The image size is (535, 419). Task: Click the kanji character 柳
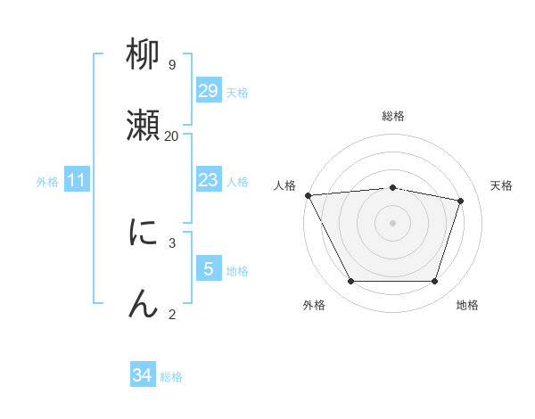(x=144, y=56)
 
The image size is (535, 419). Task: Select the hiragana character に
(x=144, y=233)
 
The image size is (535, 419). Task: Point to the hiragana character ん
(x=144, y=304)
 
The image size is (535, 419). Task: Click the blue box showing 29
(x=209, y=90)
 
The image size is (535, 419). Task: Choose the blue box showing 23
(x=209, y=180)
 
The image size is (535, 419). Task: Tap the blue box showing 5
(x=209, y=268)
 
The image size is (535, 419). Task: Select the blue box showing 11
(x=77, y=180)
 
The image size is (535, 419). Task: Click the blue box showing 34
(x=143, y=375)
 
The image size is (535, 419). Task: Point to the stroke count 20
(x=171, y=136)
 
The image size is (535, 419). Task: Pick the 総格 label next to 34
(x=171, y=377)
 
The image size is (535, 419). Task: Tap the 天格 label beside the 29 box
(x=237, y=92)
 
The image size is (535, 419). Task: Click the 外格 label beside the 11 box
(x=47, y=182)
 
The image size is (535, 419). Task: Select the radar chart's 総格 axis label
(x=393, y=116)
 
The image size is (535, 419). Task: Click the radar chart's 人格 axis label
(x=285, y=185)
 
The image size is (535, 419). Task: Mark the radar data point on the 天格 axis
(x=461, y=201)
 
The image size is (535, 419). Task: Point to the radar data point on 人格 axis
(x=308, y=195)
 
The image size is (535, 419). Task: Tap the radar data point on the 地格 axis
(x=435, y=282)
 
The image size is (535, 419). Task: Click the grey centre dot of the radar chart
(x=393, y=223)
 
